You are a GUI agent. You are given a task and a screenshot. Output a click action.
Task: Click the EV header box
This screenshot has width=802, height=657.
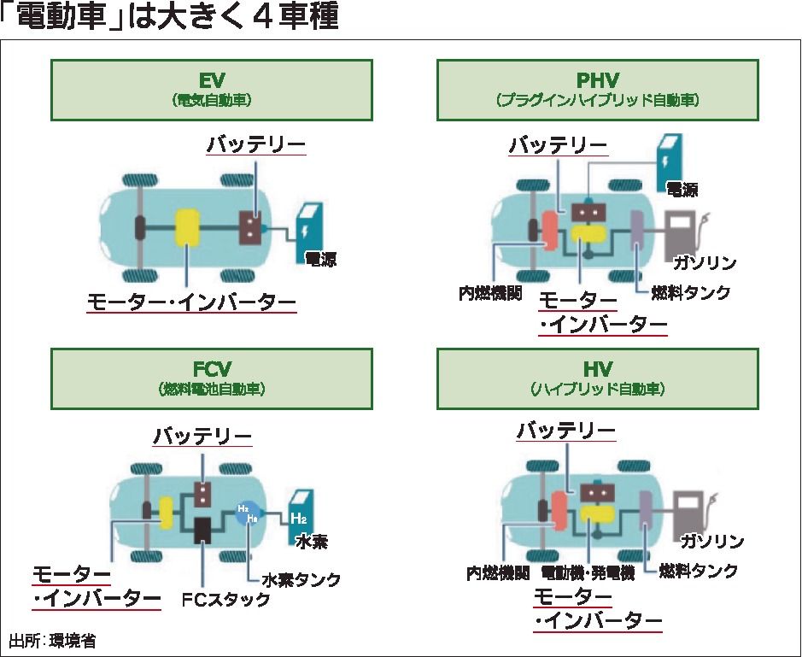coord(211,89)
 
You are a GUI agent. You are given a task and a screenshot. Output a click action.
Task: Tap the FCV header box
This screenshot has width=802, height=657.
coord(211,377)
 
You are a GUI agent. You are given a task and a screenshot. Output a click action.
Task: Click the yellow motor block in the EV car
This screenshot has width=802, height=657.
coord(187,228)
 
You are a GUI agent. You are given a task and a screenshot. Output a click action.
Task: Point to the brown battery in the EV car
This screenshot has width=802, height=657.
coord(250,226)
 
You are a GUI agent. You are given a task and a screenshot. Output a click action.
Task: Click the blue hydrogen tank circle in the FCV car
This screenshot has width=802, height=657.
coord(248,513)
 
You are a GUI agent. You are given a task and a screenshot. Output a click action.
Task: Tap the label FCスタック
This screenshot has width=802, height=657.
coord(226,599)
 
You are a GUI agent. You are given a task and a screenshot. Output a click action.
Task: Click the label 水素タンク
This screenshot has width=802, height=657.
coord(301,580)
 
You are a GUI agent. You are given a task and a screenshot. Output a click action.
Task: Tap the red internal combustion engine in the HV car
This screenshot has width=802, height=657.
coord(560,513)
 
